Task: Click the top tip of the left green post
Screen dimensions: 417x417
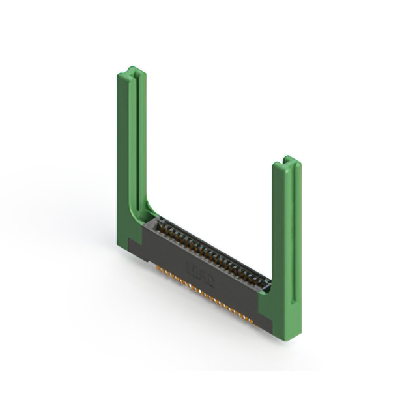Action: tap(132, 68)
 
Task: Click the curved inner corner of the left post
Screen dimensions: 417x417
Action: tap(147, 208)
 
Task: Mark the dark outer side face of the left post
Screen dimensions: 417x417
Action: tap(122, 163)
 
